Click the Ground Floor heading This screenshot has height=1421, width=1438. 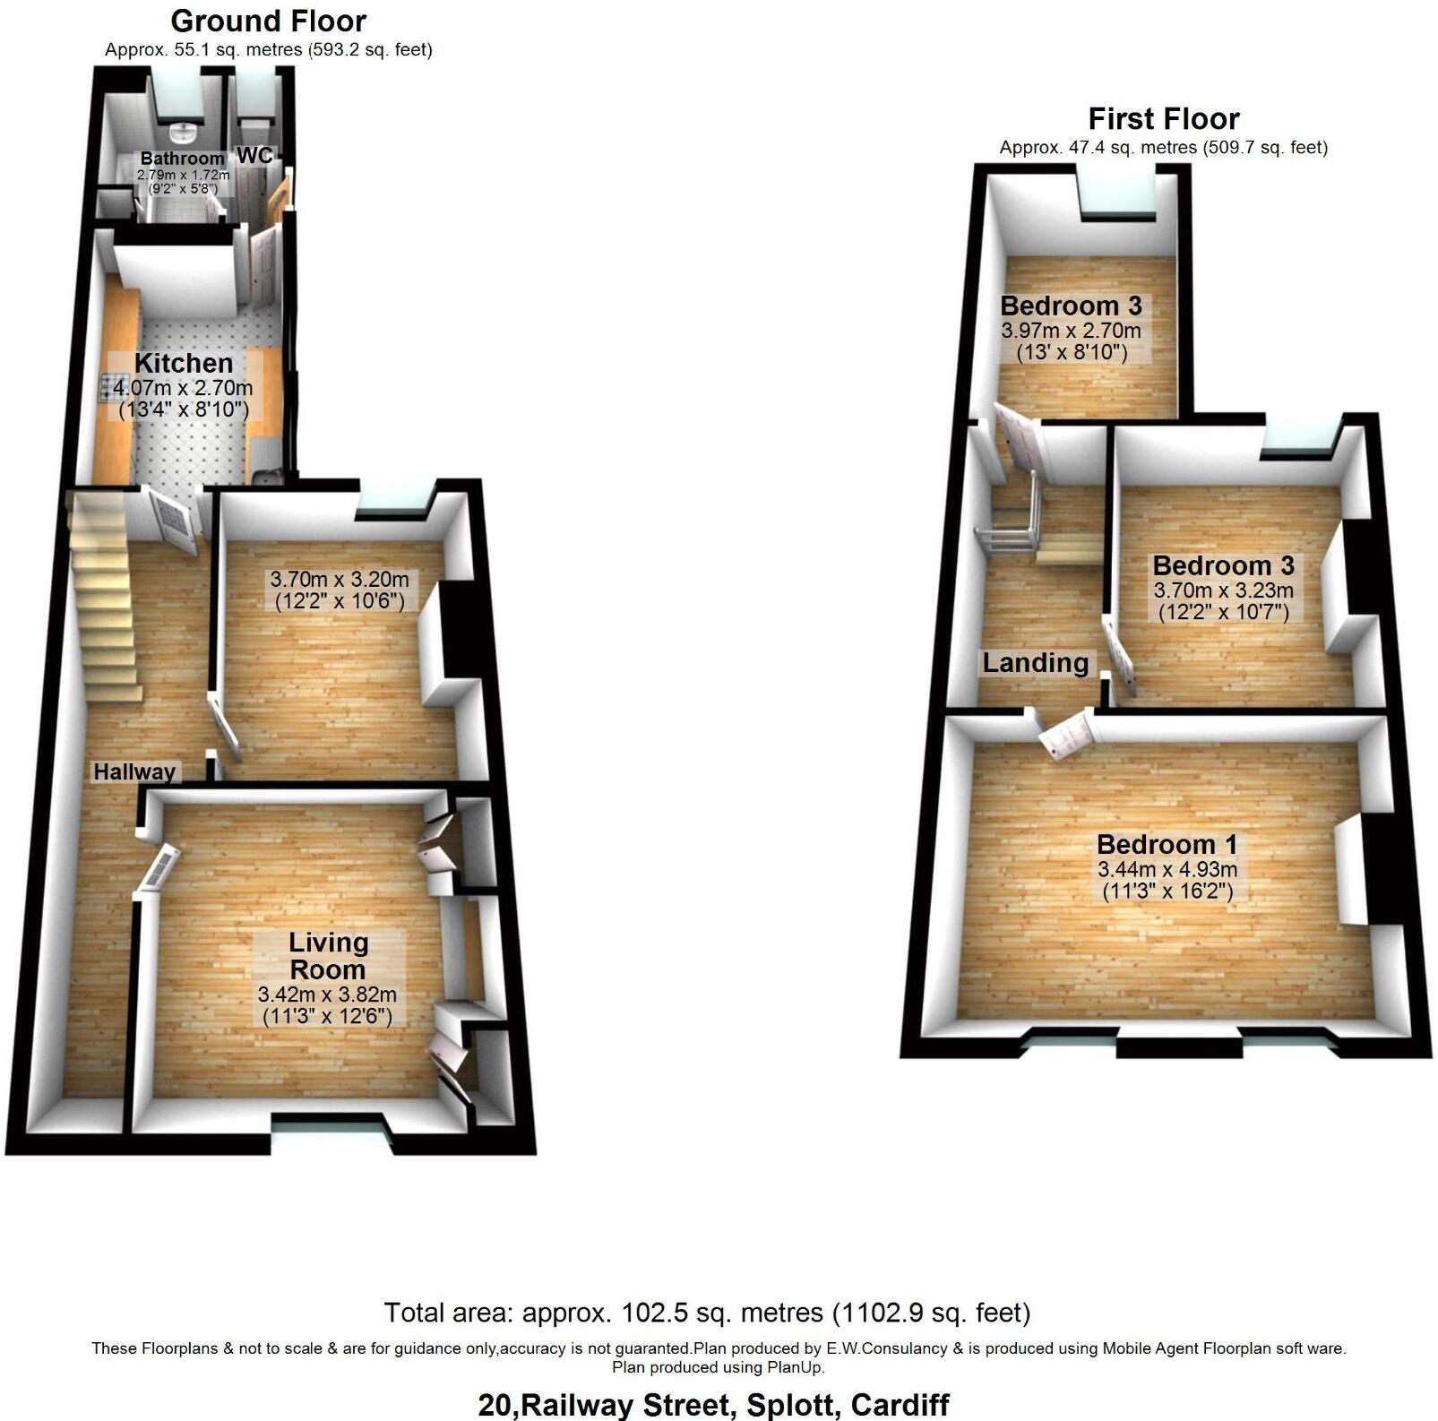268,21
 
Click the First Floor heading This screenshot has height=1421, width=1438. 1163,118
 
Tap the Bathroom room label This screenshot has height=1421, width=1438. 182,159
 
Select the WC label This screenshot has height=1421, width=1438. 254,156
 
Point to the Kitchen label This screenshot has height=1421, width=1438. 184,363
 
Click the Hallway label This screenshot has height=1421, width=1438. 134,771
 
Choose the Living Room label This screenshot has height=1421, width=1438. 328,956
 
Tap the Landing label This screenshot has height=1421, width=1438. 1035,663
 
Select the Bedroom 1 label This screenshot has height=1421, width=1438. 1167,844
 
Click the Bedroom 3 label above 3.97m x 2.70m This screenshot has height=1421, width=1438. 1071,306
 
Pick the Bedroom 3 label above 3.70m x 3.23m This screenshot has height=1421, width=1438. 1223,565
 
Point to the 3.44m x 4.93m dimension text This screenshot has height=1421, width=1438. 1167,869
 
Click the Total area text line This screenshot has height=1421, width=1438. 707,1313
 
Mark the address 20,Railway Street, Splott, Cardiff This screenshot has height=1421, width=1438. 713,1404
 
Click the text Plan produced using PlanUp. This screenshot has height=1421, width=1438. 718,1367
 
